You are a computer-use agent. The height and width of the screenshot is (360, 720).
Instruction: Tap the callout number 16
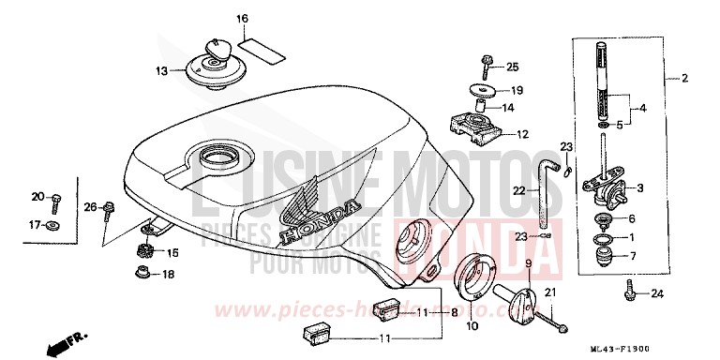tap(242, 19)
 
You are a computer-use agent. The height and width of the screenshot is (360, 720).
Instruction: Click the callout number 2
tap(685, 78)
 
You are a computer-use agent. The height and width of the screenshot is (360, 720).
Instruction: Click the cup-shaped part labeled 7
tap(606, 256)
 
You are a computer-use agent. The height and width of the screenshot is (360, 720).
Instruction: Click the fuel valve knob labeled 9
tap(519, 302)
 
